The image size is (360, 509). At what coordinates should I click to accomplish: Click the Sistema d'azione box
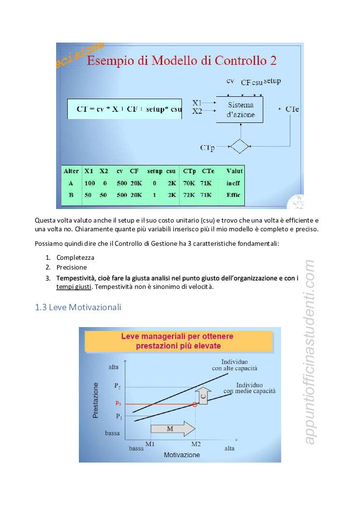[240, 110]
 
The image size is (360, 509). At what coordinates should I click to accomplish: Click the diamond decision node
[239, 146]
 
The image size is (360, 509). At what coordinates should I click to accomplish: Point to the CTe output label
[292, 109]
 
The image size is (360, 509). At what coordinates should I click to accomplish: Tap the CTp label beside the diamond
[207, 147]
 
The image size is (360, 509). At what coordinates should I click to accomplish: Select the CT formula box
[124, 109]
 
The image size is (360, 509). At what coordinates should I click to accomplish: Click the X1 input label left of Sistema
[197, 103]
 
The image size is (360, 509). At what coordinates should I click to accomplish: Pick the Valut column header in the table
[235, 171]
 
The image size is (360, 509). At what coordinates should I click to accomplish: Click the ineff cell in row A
[233, 183]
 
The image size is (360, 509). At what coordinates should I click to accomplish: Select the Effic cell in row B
[233, 195]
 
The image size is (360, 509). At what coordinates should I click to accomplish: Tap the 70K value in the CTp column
[189, 183]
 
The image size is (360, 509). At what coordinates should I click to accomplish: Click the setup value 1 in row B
[154, 195]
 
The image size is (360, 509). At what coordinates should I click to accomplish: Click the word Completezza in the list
[75, 257]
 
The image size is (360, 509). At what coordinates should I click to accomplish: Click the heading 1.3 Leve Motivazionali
[78, 307]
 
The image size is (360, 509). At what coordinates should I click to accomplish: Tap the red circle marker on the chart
[195, 404]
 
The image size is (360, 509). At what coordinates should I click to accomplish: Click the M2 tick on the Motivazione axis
[195, 444]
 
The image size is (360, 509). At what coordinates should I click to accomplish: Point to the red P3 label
[118, 404]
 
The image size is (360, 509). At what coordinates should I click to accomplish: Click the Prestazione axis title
[96, 400]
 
